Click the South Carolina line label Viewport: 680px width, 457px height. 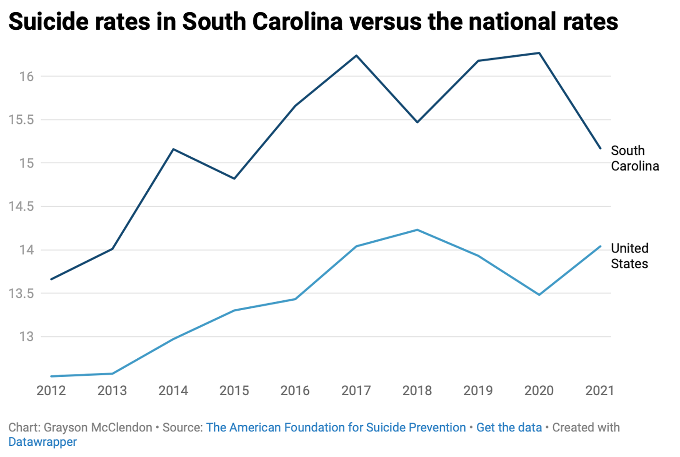click(x=634, y=158)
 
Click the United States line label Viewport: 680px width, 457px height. click(x=629, y=256)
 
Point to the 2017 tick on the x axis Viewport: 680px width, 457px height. click(x=356, y=390)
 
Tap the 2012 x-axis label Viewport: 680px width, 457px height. click(x=51, y=390)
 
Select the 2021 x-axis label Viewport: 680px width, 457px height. click(x=599, y=390)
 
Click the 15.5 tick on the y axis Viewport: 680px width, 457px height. click(x=22, y=120)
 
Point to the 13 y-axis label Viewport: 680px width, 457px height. click(x=26, y=337)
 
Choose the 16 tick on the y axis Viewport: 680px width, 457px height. click(x=26, y=76)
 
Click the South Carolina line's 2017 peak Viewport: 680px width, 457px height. click(x=357, y=56)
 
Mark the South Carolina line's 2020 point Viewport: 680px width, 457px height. click(x=539, y=53)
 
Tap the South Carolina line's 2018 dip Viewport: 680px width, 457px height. click(x=417, y=122)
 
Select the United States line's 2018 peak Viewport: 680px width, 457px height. click(x=417, y=230)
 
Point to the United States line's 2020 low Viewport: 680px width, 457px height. click(x=539, y=295)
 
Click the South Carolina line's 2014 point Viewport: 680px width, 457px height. click(x=173, y=149)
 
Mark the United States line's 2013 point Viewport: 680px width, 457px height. click(x=112, y=373)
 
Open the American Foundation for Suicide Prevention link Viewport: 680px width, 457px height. click(x=336, y=427)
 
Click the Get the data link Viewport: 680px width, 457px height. click(x=509, y=427)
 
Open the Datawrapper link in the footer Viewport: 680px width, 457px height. click(x=42, y=442)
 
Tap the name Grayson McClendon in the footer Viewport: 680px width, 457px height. click(x=98, y=427)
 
